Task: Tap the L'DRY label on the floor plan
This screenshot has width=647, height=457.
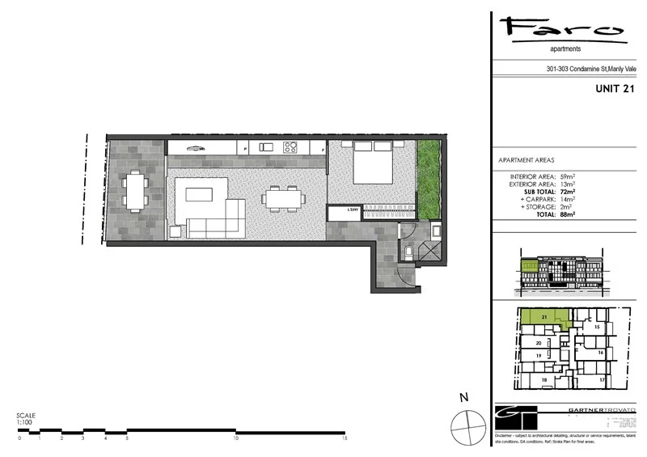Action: (x=353, y=211)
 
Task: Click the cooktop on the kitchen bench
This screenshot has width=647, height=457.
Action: (x=290, y=147)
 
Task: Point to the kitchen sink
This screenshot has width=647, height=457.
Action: (x=264, y=147)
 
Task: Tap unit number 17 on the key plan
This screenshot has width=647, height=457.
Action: (x=603, y=379)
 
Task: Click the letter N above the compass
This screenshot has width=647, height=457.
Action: (x=465, y=397)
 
